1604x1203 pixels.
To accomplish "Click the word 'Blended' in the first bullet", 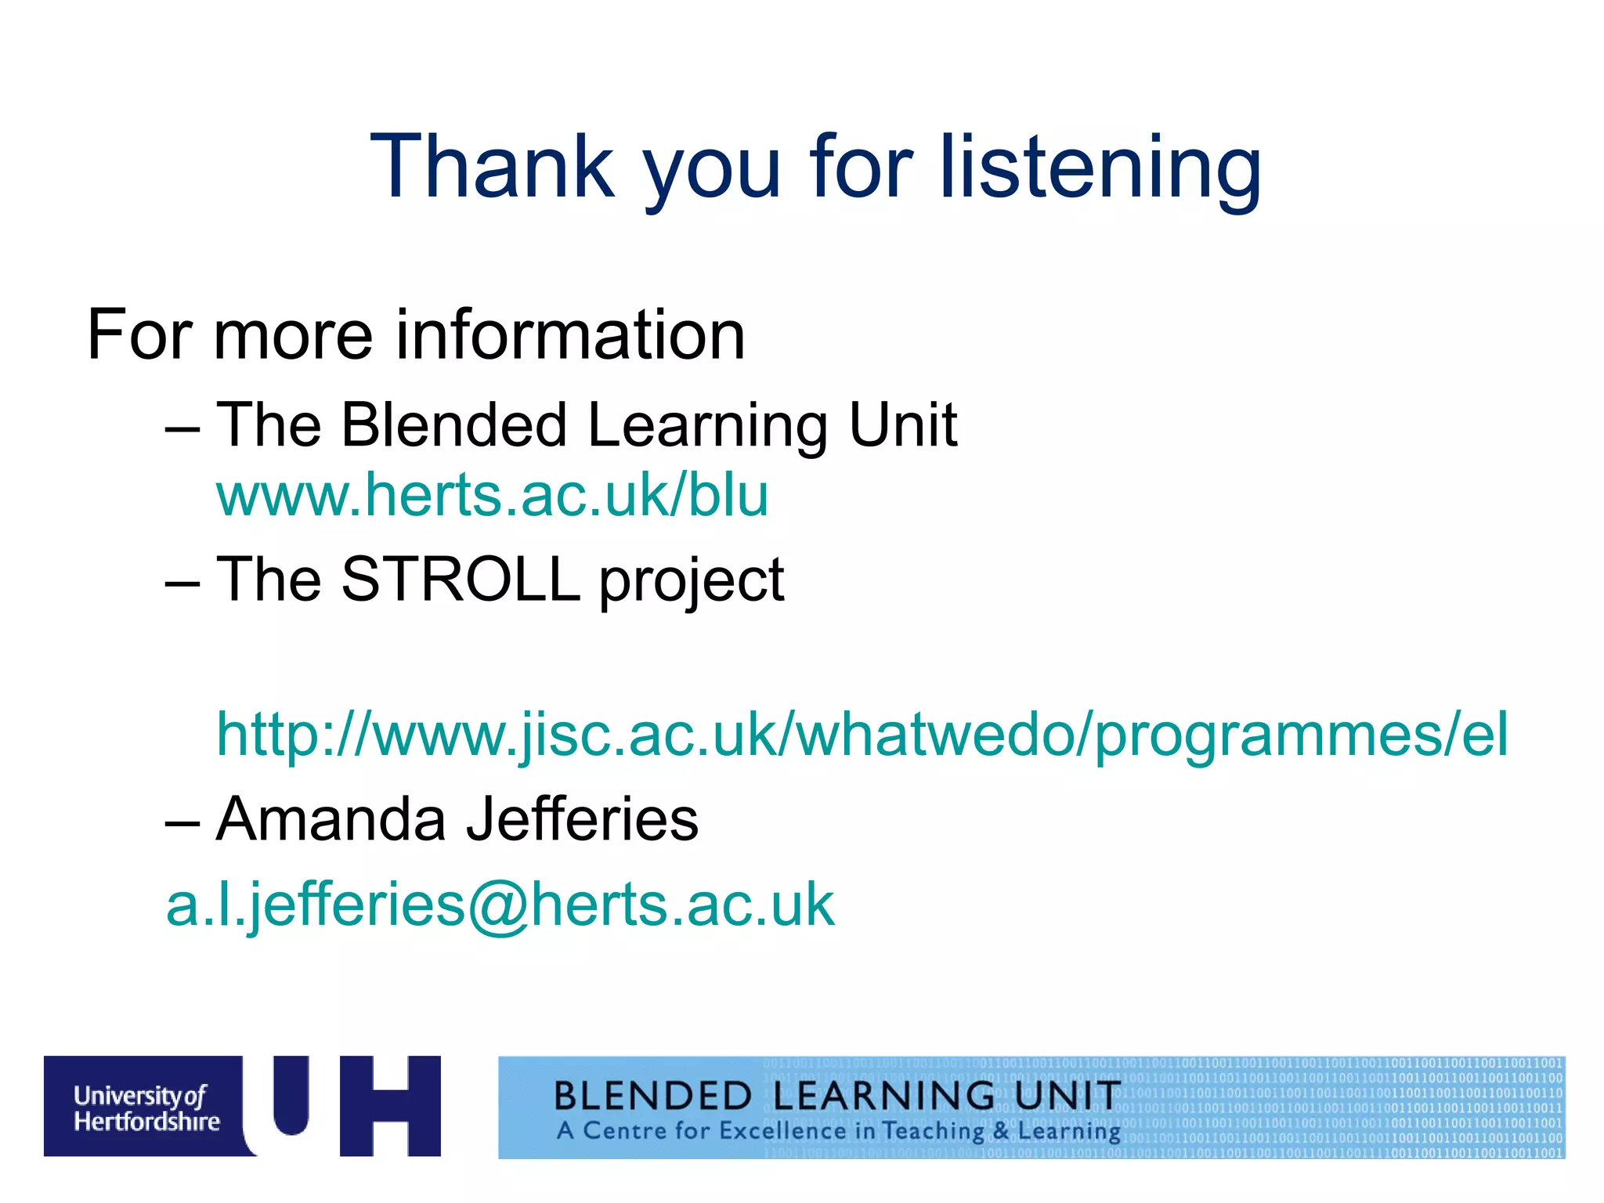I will point(453,424).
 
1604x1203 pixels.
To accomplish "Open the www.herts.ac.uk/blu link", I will point(493,495).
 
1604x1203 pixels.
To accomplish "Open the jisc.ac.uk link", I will point(862,735).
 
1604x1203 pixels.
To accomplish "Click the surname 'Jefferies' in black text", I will point(582,818).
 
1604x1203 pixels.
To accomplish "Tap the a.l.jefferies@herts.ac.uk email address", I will point(500,905).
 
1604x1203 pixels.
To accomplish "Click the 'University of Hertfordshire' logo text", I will point(146,1108).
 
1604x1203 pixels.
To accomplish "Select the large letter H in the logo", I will point(390,1106).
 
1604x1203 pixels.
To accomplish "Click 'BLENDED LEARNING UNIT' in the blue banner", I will point(836,1095).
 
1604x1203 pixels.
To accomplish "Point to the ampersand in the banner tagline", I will point(1001,1131).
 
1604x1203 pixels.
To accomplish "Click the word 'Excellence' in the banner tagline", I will point(782,1131).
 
